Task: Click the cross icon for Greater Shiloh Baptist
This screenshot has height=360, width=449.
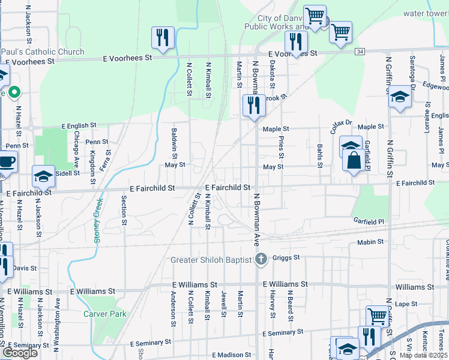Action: (x=261, y=260)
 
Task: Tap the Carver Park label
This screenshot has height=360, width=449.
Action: (x=104, y=314)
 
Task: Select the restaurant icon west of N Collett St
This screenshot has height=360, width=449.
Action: (x=162, y=38)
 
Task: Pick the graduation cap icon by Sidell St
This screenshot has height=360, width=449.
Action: (x=43, y=176)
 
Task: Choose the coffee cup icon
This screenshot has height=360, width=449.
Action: (x=8, y=162)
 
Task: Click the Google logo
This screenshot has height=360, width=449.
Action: (x=20, y=353)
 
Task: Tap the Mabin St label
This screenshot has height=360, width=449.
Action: (x=370, y=242)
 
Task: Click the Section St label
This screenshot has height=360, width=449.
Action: (x=124, y=210)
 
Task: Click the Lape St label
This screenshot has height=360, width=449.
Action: (x=406, y=304)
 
